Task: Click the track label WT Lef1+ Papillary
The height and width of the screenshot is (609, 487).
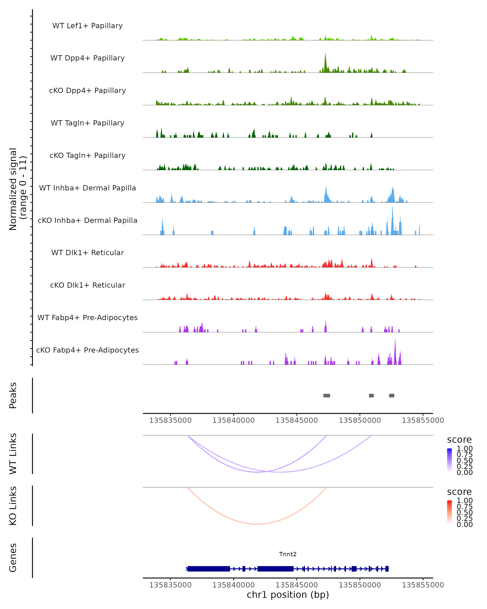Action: click(87, 26)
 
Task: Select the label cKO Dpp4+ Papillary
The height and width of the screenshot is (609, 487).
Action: click(87, 90)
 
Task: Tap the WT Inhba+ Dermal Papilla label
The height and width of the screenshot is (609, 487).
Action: click(87, 188)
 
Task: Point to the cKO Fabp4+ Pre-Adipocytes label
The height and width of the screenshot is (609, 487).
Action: click(87, 350)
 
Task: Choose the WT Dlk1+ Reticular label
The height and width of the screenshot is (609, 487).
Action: click(87, 253)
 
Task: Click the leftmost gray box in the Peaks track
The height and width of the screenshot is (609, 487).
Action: click(327, 395)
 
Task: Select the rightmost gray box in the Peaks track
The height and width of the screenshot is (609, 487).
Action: click(392, 395)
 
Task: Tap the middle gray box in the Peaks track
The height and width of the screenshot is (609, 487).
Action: click(371, 395)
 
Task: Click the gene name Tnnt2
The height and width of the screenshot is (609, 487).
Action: click(288, 554)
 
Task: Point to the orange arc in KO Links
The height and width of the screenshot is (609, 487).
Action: click(257, 524)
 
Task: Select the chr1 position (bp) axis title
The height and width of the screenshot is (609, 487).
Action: click(288, 595)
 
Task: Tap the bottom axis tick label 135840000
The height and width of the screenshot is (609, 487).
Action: click(234, 585)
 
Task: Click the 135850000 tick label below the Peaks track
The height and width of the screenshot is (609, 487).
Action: click(360, 420)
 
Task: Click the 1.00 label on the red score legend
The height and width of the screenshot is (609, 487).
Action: click(464, 500)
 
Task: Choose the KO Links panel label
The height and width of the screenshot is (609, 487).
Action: click(13, 506)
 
